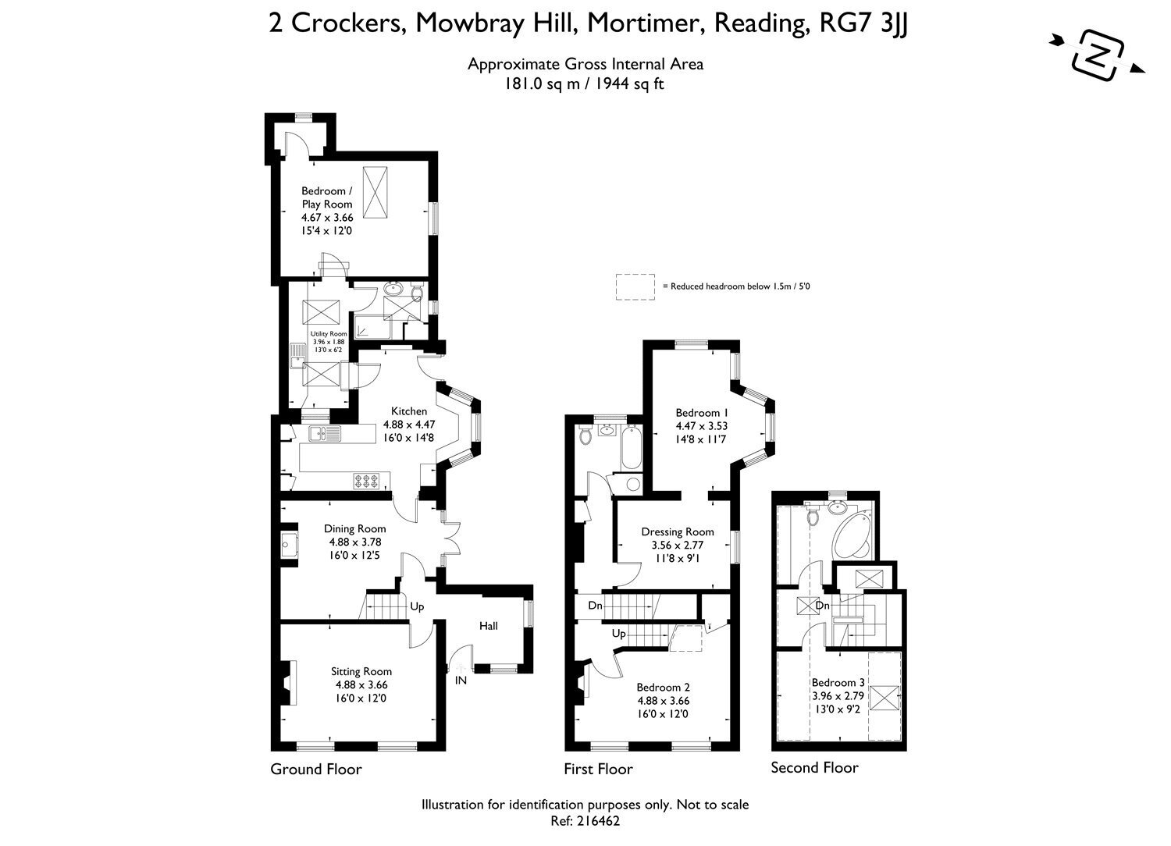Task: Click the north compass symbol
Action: click(x=1097, y=55)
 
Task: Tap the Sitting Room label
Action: click(x=361, y=671)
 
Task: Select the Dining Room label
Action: click(x=355, y=529)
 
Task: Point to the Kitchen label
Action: click(x=409, y=411)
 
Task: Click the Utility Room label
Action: click(x=329, y=334)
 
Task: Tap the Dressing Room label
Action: click(x=678, y=532)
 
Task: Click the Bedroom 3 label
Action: click(x=838, y=682)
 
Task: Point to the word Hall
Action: click(x=488, y=626)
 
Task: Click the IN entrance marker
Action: click(x=461, y=681)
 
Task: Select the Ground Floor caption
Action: click(x=315, y=770)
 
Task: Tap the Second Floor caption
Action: click(x=814, y=768)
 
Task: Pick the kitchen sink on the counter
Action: click(x=324, y=434)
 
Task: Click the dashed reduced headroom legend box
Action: click(x=635, y=287)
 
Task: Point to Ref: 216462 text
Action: click(x=585, y=821)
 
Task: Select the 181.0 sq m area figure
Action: click(x=542, y=84)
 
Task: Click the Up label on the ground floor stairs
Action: click(x=417, y=606)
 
